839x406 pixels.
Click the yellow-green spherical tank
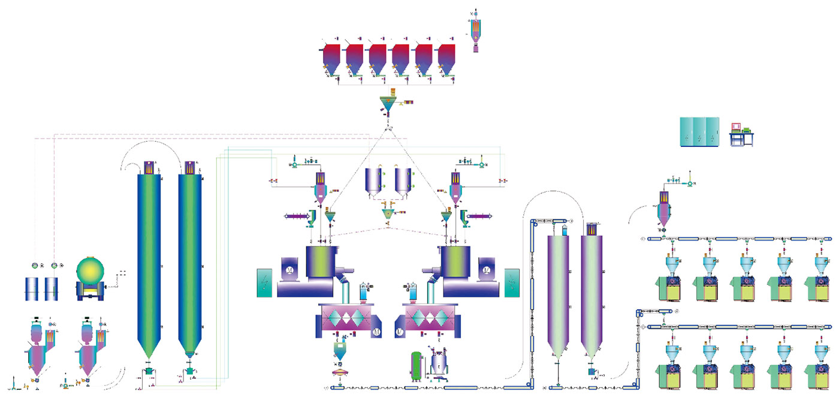coord(92,275)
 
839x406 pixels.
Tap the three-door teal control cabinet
coord(699,131)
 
